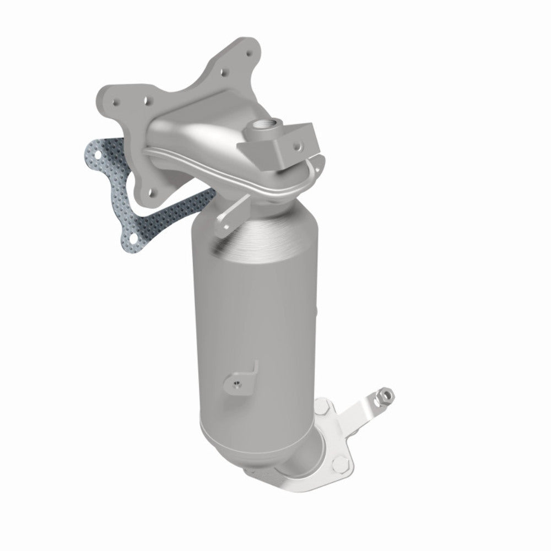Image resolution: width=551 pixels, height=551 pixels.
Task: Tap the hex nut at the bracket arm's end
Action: point(387,395)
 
